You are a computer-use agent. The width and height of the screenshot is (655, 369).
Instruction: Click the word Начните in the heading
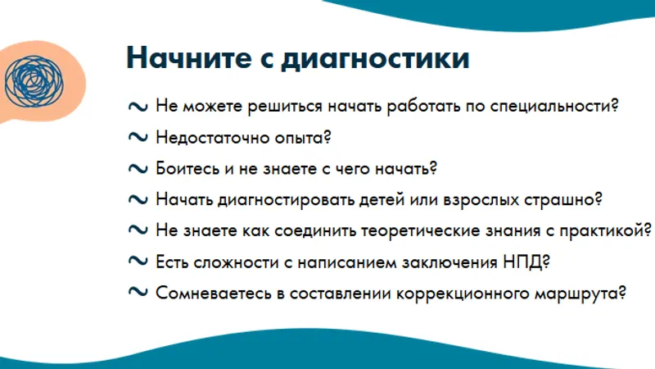189,57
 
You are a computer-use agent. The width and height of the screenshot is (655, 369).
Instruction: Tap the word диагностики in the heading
376,58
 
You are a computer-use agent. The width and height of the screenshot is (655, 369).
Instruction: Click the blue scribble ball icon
34,81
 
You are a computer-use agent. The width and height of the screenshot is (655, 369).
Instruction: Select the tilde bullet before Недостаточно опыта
138,137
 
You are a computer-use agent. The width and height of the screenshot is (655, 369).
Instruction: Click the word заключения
449,262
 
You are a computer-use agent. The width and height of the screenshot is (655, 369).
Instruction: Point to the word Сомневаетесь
214,294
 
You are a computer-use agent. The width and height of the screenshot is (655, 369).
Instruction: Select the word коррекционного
463,294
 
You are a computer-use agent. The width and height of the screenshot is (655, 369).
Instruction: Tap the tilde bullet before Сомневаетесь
138,292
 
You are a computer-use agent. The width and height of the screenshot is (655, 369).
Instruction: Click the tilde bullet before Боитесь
138,169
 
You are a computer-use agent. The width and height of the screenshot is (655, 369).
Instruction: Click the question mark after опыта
327,137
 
